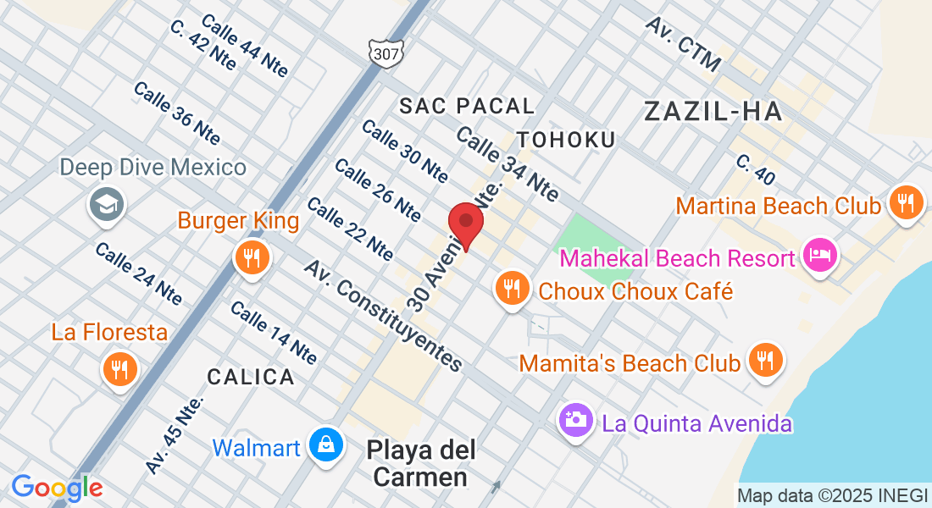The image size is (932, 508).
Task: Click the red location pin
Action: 465,224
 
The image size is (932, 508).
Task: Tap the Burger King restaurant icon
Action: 251,257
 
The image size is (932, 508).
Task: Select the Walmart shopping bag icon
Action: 325,444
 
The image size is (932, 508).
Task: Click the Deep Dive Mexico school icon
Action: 108,204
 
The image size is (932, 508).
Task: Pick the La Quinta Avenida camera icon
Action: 575,419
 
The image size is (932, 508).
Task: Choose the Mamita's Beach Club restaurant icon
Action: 766,360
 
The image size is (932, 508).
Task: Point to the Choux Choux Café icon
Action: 511,289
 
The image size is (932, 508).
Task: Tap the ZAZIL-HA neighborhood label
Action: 712,111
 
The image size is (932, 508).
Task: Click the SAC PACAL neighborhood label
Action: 467,106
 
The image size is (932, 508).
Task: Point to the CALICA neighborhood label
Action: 251,377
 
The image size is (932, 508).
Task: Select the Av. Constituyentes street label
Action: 385,316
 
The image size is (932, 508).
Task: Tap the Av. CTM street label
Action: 683,43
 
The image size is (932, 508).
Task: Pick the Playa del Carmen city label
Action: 421,463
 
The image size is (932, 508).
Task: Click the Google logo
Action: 57,488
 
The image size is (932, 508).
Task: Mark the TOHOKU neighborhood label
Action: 565,139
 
